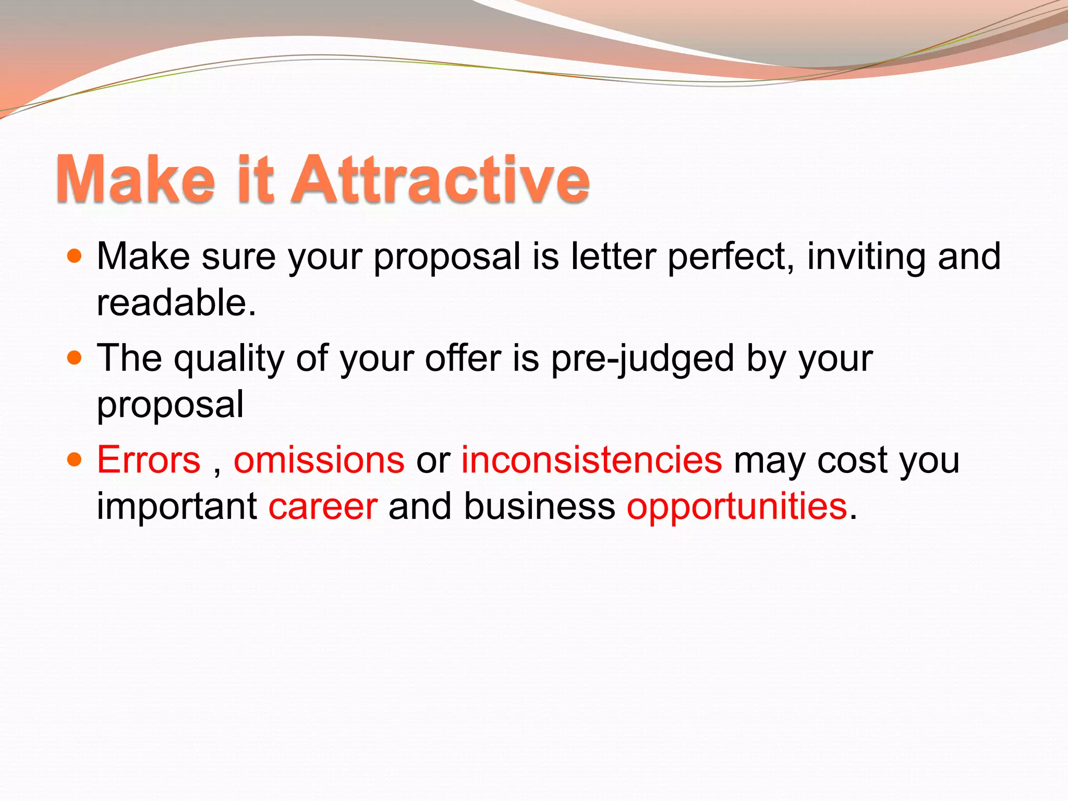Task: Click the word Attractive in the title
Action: (x=442, y=179)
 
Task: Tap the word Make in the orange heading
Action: (x=135, y=179)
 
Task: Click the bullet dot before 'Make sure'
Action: (x=75, y=256)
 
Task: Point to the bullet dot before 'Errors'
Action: (x=75, y=459)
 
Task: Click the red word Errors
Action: (x=149, y=460)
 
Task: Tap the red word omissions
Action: (x=319, y=460)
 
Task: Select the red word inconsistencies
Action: (x=592, y=460)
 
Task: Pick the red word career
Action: (x=323, y=506)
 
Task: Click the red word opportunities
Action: (x=737, y=507)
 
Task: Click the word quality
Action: (x=229, y=359)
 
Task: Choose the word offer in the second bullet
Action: (x=463, y=358)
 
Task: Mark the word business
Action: (x=539, y=506)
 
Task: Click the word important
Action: (x=177, y=507)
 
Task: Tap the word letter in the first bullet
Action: (x=613, y=256)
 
